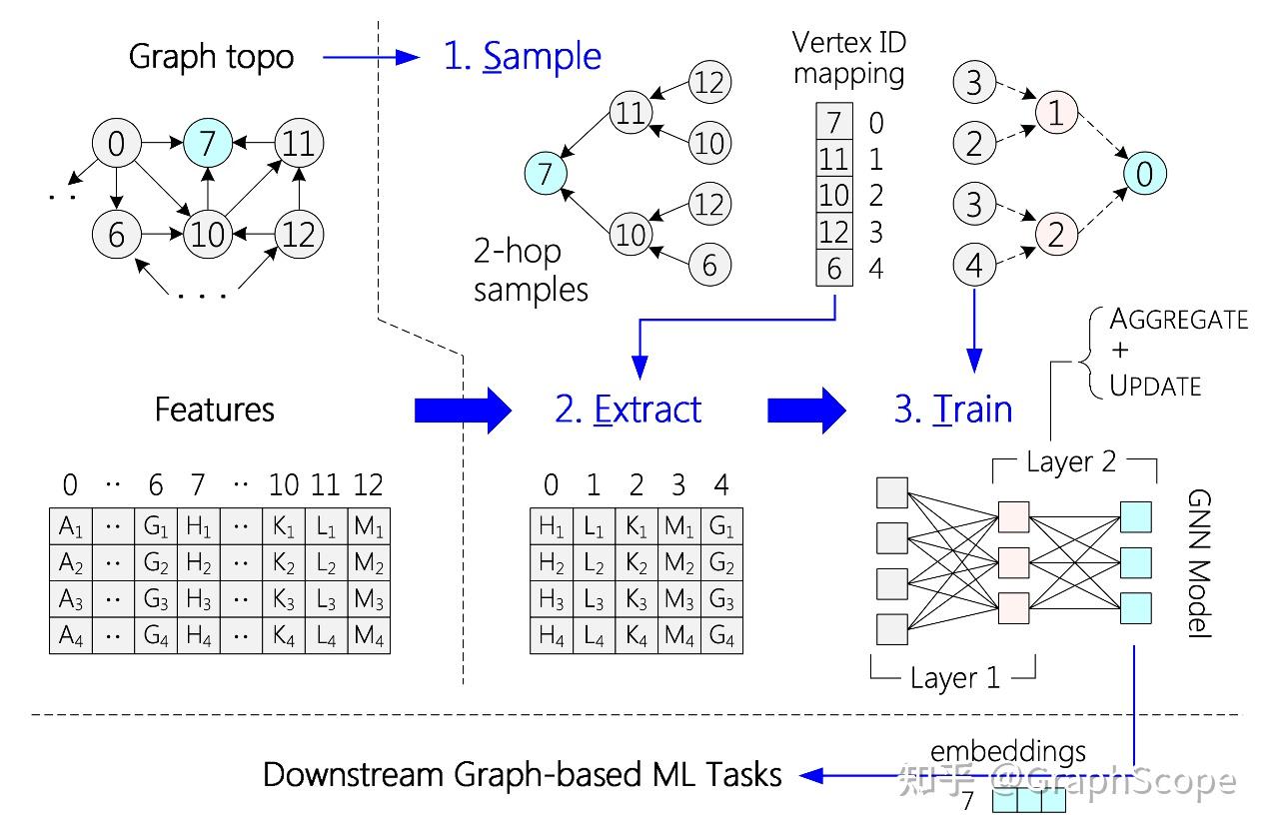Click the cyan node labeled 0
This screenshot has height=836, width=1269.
[1145, 174]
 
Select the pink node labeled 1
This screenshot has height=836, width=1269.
[1056, 112]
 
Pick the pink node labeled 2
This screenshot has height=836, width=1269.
[1056, 234]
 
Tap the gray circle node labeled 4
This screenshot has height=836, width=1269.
[974, 265]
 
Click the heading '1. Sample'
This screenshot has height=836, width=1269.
[522, 57]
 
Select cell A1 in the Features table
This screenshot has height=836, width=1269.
[71, 526]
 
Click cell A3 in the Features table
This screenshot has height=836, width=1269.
[71, 599]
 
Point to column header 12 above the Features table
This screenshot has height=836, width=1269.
[369, 484]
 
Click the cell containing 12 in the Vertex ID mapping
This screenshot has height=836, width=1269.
[834, 232]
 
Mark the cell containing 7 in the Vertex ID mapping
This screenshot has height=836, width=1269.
[834, 121]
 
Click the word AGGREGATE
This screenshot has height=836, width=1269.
[1178, 320]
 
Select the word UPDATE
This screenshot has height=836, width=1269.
[1155, 387]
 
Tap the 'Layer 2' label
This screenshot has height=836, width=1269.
[1071, 462]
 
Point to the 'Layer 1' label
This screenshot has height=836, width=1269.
[955, 677]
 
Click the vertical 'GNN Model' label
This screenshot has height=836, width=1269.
[1199, 563]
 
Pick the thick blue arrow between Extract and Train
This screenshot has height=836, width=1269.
[806, 411]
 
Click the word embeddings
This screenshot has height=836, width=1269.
[1008, 752]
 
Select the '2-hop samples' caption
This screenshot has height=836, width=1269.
[531, 270]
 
